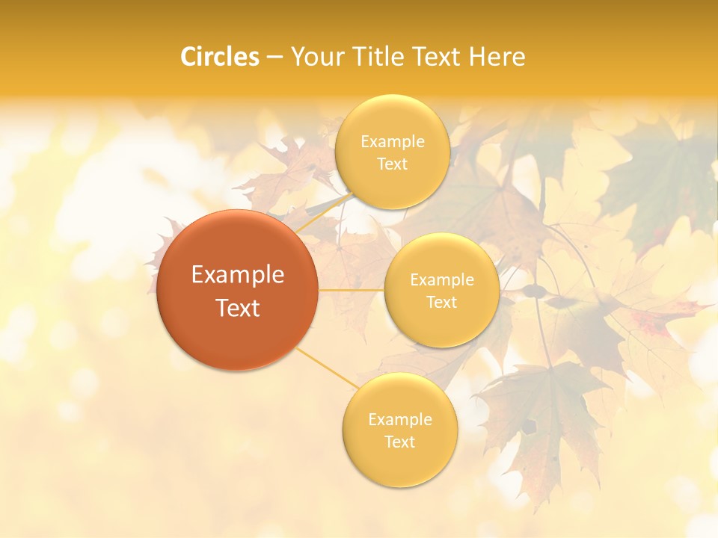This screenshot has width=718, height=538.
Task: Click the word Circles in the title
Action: (x=219, y=57)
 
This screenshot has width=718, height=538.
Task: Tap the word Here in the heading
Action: (x=497, y=57)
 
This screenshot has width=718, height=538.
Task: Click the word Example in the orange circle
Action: (x=237, y=275)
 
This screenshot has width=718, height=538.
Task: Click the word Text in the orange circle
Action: (x=237, y=308)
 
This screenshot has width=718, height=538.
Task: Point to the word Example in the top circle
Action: (x=392, y=141)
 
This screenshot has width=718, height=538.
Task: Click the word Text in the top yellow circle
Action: (x=392, y=164)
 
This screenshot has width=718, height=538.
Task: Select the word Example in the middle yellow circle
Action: (x=441, y=279)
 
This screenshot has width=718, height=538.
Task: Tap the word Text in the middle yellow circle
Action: (x=441, y=302)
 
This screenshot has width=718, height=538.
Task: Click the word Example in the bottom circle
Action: (x=399, y=419)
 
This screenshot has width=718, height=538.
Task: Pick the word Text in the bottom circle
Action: (x=399, y=442)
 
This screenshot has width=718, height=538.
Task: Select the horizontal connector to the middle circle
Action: (x=352, y=290)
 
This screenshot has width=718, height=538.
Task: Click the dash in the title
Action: (x=274, y=58)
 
